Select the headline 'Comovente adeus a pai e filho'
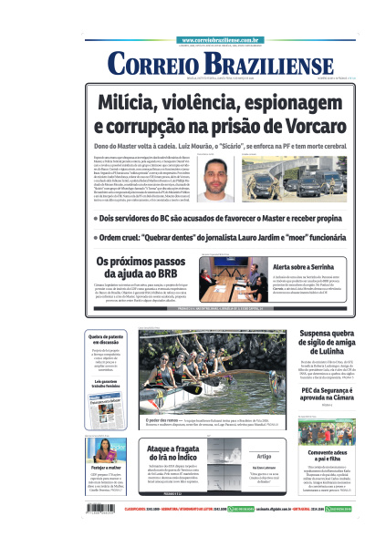(327, 455)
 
